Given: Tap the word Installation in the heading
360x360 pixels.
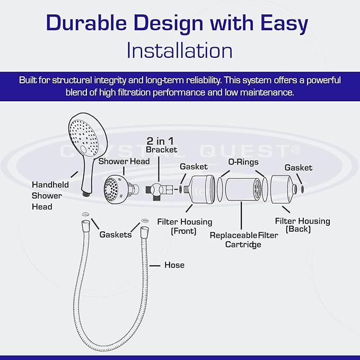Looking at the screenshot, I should pyautogui.click(x=180, y=50).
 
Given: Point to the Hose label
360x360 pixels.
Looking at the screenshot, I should pyautogui.click(x=174, y=265).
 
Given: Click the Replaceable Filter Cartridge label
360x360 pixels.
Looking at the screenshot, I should pyautogui.click(x=243, y=239).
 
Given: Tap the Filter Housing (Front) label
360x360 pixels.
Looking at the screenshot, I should pyautogui.click(x=185, y=226).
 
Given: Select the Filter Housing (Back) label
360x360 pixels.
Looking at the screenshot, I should pyautogui.click(x=302, y=225).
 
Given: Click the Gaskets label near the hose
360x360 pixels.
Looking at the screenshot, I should pyautogui.click(x=116, y=234).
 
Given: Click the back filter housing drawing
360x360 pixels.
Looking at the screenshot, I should pyautogui.click(x=284, y=190).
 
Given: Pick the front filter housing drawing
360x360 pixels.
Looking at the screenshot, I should pyautogui.click(x=203, y=190).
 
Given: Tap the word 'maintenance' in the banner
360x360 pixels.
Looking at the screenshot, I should pyautogui.click(x=267, y=92).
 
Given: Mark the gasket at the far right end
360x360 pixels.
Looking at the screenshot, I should pyautogui.click(x=302, y=188).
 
